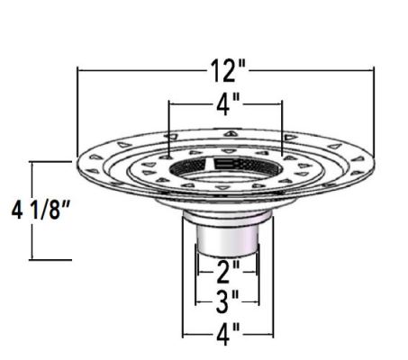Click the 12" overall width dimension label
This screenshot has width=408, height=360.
pos(225,69)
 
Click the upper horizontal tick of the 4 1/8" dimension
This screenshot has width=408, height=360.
pos(52,161)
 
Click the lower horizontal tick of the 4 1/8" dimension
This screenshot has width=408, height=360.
pos(52,259)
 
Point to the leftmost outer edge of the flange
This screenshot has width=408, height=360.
pos(77,163)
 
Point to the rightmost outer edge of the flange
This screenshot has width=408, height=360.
pos(374,163)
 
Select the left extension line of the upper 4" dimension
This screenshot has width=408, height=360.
pos(168,126)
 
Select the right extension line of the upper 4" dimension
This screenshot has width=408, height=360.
pos(283,126)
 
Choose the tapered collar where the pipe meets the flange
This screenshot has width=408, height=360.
pos(226,209)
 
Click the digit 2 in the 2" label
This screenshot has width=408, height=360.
pos(222,268)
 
